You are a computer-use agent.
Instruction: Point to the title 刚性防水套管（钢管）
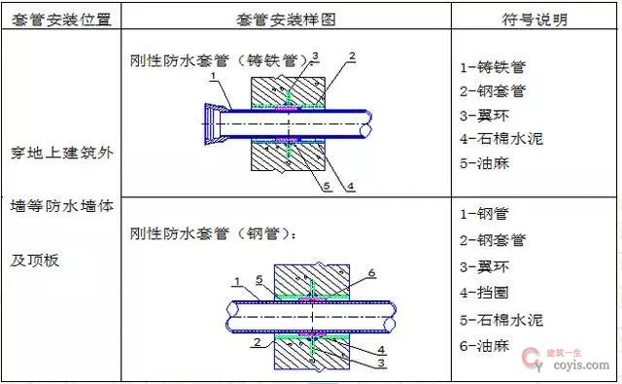pyautogui.click(x=215, y=234)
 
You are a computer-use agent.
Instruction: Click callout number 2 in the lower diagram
pyautogui.click(x=255, y=343)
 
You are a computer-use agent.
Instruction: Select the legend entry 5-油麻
pyautogui.click(x=487, y=163)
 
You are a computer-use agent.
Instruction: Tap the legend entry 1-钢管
pyautogui.click(x=485, y=214)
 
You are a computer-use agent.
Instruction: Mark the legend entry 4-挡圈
pyautogui.click(x=487, y=293)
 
